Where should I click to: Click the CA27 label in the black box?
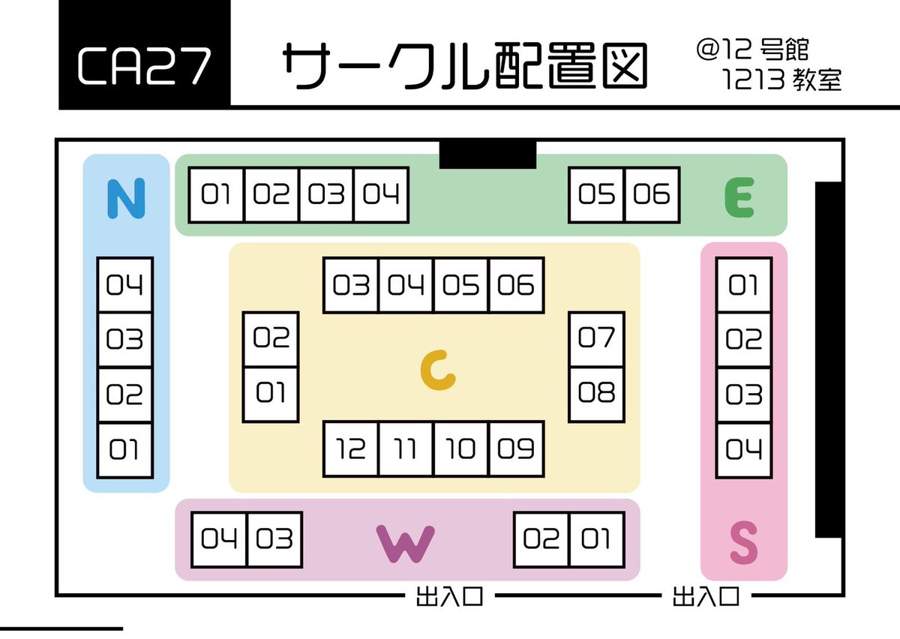click(x=144, y=66)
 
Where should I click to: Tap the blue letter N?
click(x=125, y=198)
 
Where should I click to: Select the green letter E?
click(x=739, y=198)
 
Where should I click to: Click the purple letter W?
click(x=406, y=542)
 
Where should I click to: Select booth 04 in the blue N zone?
click(x=125, y=285)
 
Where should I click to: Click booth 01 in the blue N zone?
click(x=125, y=450)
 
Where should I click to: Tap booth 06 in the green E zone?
click(x=652, y=195)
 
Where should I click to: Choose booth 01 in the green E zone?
click(x=217, y=195)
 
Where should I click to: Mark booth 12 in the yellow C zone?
click(x=351, y=448)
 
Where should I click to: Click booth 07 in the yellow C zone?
click(x=597, y=339)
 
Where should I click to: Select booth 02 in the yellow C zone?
click(x=271, y=339)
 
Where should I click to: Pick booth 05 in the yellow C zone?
click(x=461, y=285)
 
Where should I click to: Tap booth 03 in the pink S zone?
click(x=744, y=394)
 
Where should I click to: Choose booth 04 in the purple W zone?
click(x=220, y=539)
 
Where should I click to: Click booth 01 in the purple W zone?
click(x=597, y=539)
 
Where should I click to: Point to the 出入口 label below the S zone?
click(x=706, y=597)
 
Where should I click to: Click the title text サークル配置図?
click(x=465, y=66)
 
